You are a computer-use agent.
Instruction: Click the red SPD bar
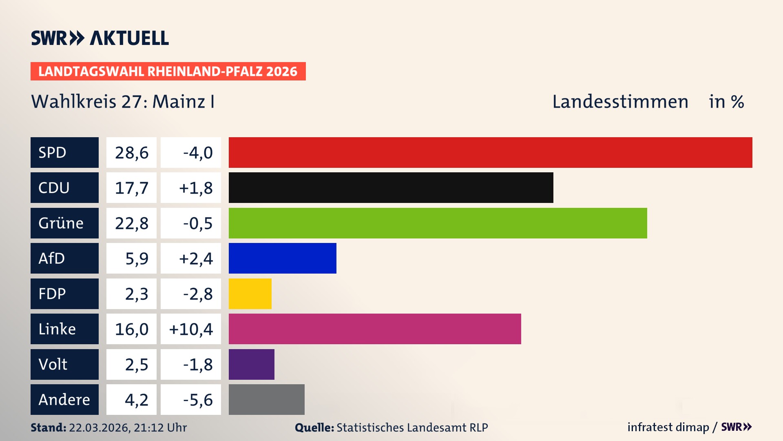coord(490,152)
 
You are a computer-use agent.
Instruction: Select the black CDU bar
coord(391,187)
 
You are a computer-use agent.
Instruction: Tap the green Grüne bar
coord(438,223)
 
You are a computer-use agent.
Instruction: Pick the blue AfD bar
coord(282,258)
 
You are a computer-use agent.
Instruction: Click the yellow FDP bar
coord(250,294)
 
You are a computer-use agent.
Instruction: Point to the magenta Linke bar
coord(375,329)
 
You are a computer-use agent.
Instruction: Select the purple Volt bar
coord(251,364)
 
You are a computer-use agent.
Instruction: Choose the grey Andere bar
coord(266,399)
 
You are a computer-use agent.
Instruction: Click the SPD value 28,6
coord(131,152)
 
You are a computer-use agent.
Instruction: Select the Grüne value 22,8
coord(131,223)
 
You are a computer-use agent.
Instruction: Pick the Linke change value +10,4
coord(191,329)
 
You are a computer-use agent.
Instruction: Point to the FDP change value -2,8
coord(197,294)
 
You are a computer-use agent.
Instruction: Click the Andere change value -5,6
coord(197,399)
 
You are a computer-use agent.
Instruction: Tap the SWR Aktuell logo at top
coord(100,38)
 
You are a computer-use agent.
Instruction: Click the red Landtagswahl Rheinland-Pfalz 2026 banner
coord(168,71)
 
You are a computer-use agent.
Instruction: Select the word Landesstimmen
coord(620,102)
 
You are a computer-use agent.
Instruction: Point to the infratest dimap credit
coord(668,427)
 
